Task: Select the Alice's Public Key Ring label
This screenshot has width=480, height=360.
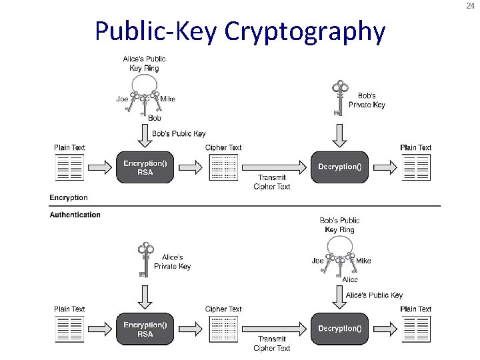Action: pyautogui.click(x=145, y=63)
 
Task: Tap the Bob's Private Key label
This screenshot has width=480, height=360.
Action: pyautogui.click(x=367, y=100)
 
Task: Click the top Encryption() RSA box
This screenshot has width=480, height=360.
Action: pyautogui.click(x=145, y=167)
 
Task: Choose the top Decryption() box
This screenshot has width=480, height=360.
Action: pyautogui.click(x=339, y=167)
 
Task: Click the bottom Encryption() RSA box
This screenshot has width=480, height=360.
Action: pyautogui.click(x=145, y=329)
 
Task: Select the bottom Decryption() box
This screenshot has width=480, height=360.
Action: pyautogui.click(x=339, y=329)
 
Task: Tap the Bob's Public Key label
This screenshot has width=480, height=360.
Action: pyautogui.click(x=179, y=134)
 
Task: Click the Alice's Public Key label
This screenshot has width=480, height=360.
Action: pyautogui.click(x=375, y=295)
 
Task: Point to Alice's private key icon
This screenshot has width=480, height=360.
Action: pyautogui.click(x=144, y=260)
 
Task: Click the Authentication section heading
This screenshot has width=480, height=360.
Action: pyautogui.click(x=75, y=215)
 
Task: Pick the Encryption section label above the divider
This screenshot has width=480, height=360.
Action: pyautogui.click(x=69, y=197)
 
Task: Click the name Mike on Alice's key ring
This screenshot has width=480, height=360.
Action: pyautogui.click(x=168, y=99)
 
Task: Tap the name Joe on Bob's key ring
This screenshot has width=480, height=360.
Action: pyautogui.click(x=318, y=261)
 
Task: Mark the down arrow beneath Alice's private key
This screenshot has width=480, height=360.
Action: pyautogui.click(x=145, y=294)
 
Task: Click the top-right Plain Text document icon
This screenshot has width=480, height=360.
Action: pyautogui.click(x=416, y=168)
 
